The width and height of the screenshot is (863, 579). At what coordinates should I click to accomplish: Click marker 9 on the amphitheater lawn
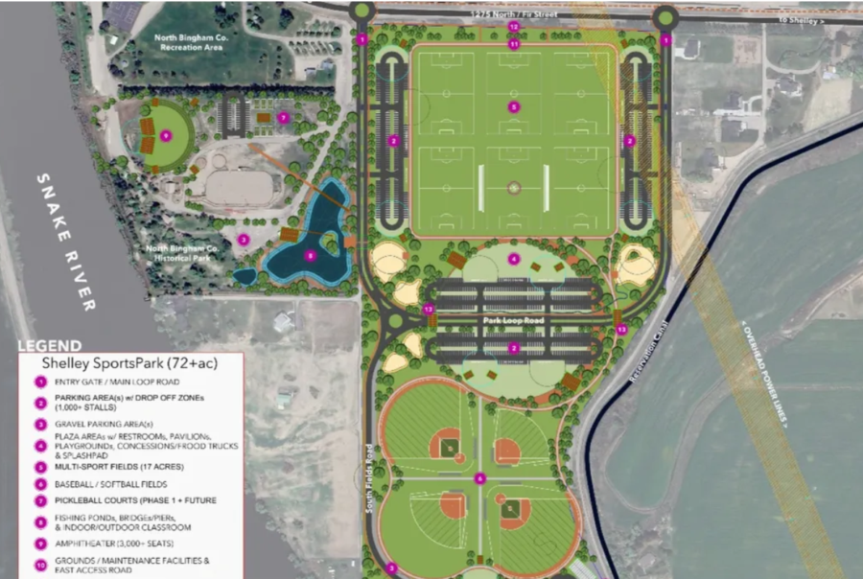166,136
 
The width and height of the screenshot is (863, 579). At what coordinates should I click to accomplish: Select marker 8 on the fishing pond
309,256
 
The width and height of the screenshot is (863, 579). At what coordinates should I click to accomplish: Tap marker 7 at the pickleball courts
283,117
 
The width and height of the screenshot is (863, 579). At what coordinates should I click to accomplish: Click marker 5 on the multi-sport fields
514,106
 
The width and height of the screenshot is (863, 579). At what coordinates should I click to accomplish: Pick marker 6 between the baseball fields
480,478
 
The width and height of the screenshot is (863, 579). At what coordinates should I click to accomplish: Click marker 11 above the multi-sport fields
514,44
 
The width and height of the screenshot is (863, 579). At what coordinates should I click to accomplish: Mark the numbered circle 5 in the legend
41,467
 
